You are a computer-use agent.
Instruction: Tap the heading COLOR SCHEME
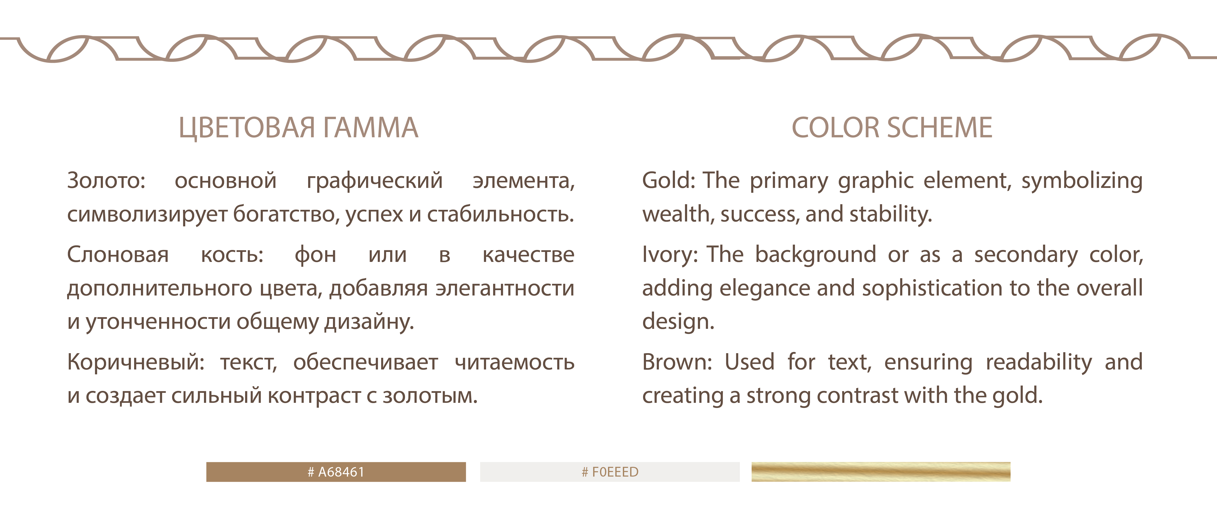point(892,128)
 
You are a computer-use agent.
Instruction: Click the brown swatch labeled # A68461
point(336,471)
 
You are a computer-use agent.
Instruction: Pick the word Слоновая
point(118,255)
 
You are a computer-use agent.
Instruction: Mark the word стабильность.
point(501,214)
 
